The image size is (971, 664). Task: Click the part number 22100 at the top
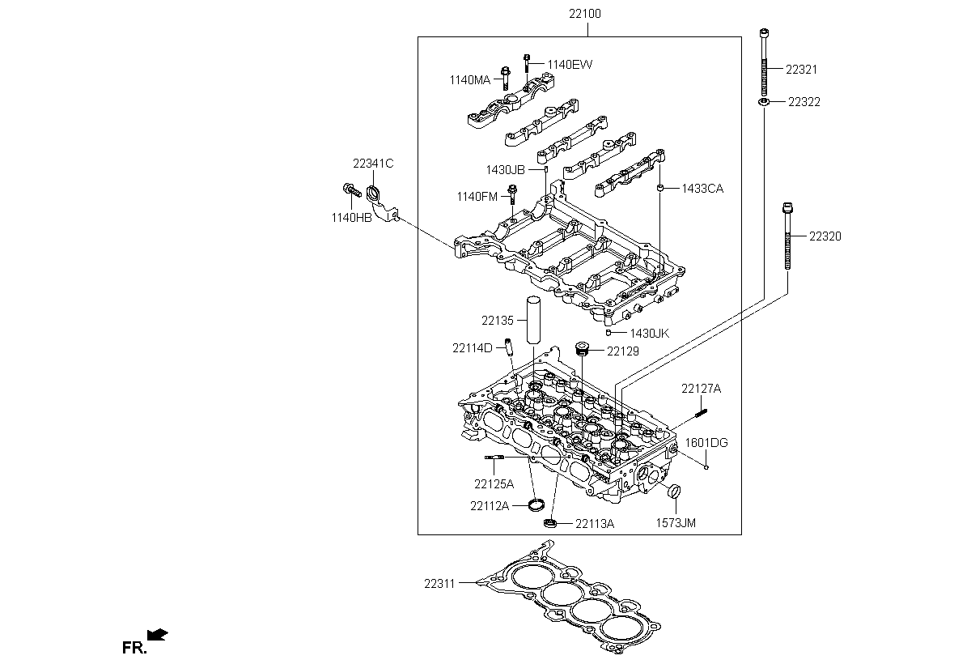click(x=585, y=14)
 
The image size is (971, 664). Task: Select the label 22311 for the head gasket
click(x=439, y=584)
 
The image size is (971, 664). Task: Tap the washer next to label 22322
click(x=764, y=102)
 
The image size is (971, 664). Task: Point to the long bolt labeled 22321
click(x=764, y=62)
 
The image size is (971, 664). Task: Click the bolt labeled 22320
click(x=787, y=236)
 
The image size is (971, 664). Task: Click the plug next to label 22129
click(x=581, y=349)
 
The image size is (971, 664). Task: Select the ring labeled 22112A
click(x=536, y=504)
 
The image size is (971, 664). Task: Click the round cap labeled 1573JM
click(x=675, y=492)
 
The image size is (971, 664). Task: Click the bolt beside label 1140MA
click(x=506, y=78)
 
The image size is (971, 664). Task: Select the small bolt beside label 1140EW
click(x=527, y=63)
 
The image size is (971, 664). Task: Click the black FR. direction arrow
click(x=157, y=635)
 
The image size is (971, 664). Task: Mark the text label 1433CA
click(x=702, y=189)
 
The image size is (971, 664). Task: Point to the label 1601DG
click(x=706, y=443)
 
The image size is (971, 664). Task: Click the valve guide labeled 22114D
click(x=508, y=347)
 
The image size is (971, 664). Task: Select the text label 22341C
click(x=373, y=164)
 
